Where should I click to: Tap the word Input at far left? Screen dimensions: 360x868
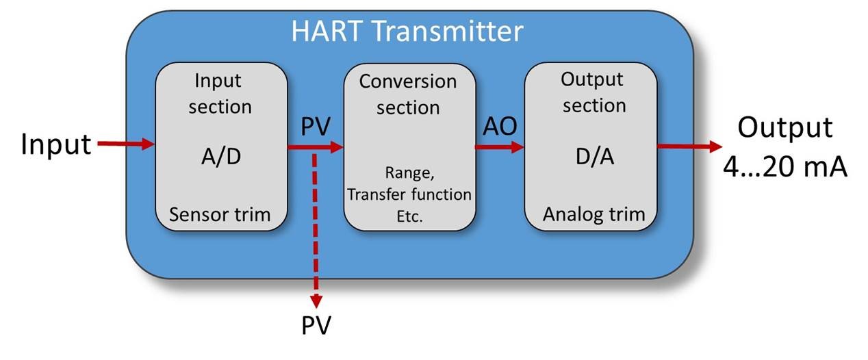[56, 144]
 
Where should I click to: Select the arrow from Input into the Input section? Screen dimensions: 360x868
[126, 144]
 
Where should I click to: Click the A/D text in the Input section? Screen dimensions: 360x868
[220, 157]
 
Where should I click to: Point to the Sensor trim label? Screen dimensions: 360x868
[220, 215]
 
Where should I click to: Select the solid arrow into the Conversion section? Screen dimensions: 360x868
[315, 146]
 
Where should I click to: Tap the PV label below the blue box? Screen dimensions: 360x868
[316, 326]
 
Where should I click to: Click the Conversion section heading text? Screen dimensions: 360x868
[409, 94]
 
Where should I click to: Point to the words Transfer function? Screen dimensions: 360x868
[409, 195]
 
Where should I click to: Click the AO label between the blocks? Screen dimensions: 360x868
[500, 127]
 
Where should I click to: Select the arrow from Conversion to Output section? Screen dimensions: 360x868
[500, 146]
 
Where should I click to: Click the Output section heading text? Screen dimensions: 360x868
[593, 92]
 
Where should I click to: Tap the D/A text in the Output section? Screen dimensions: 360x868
[593, 157]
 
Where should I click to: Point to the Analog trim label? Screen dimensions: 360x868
[593, 214]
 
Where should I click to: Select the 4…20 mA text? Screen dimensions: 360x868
[785, 166]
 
